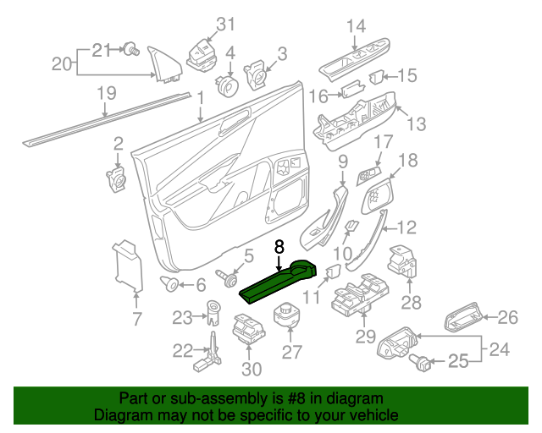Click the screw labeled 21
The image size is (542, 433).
point(131,50)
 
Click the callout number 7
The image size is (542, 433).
point(136,319)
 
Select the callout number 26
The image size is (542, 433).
point(506,318)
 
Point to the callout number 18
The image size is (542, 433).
point(407,160)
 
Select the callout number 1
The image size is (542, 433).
point(201,100)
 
